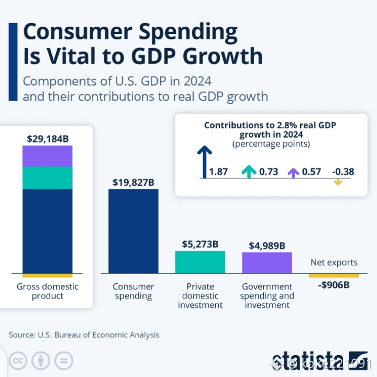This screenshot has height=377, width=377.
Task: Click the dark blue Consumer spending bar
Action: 133,231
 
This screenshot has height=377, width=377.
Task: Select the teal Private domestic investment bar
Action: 200,262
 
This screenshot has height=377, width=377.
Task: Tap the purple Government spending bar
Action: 267,262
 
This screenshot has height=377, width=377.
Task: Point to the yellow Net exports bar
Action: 334,275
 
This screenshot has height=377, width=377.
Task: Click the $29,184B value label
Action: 48,139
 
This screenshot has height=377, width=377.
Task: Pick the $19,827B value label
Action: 133,182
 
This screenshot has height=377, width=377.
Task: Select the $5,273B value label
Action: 200,244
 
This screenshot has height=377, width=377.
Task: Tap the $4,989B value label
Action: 267,245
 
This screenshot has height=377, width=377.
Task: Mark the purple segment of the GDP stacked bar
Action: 48,156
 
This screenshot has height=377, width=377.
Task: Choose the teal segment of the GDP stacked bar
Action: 48,178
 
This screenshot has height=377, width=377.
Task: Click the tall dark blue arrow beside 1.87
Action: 204,162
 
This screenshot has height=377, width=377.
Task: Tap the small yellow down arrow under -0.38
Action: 337,182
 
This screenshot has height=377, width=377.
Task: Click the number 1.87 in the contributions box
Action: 218,172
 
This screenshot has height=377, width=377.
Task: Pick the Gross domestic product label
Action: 48,291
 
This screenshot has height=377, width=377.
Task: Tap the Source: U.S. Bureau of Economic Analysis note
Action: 84,335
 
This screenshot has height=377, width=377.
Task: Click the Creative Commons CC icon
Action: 18,361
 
